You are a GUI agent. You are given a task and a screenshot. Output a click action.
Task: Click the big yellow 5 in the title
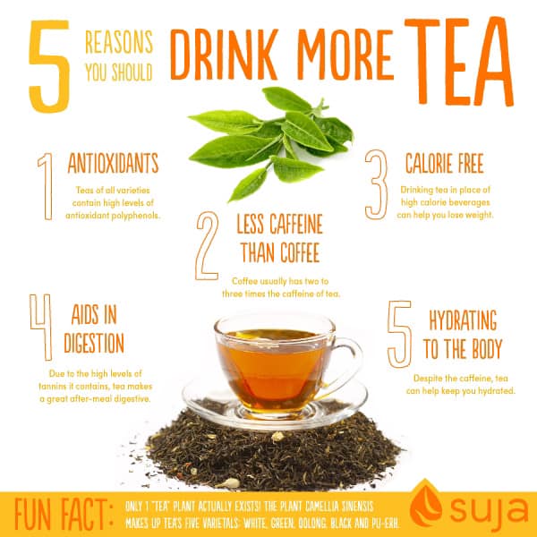[x=50, y=65]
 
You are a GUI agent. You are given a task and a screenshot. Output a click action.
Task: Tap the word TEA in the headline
[x=459, y=61]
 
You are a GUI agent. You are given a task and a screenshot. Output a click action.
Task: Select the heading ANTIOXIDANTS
[x=113, y=163]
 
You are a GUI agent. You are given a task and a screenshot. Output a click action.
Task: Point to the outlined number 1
[x=47, y=187]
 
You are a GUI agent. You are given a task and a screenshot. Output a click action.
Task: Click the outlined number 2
[x=207, y=245]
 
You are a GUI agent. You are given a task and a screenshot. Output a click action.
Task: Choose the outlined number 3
[x=376, y=184]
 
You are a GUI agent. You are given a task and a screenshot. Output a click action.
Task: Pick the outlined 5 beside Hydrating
[x=399, y=334]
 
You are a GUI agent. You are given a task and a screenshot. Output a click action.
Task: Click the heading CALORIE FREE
[x=445, y=163]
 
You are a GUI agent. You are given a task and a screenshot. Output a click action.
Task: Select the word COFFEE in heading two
[x=300, y=252]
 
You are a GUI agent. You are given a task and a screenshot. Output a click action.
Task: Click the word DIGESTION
[x=94, y=343]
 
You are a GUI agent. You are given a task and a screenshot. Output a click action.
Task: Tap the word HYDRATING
[x=463, y=320]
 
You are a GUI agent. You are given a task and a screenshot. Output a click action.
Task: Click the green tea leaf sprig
[x=270, y=144]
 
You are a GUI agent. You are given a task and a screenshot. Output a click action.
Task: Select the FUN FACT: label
[x=64, y=514]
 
